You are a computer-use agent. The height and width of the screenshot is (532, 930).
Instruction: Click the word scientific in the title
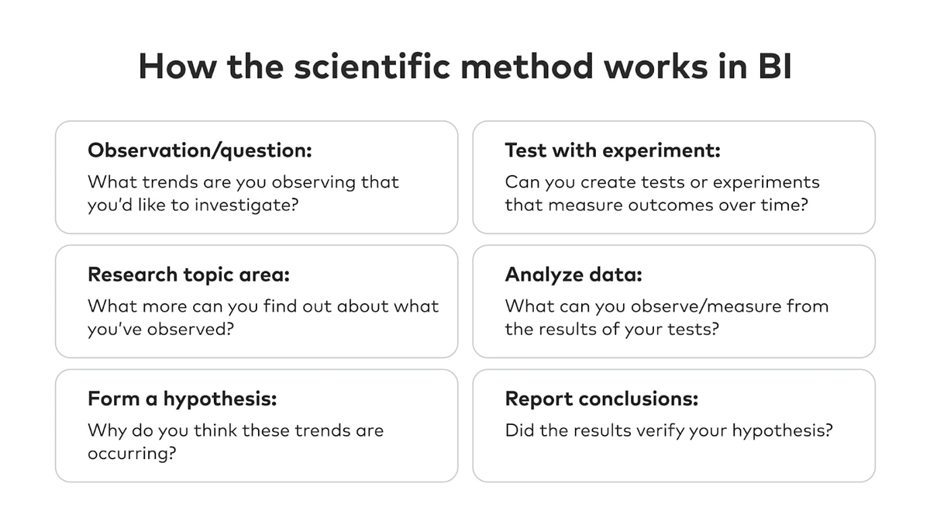[372, 66]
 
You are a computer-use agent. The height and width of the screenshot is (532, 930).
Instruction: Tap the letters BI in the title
[775, 67]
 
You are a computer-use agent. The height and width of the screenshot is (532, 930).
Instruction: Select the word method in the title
[527, 66]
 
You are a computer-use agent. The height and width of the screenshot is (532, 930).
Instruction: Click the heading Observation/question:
[200, 150]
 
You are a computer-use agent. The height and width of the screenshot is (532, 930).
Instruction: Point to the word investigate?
[246, 206]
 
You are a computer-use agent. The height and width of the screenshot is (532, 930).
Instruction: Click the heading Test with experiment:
[612, 150]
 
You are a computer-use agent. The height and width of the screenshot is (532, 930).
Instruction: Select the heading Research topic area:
[188, 275]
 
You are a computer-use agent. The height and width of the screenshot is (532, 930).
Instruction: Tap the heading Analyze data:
[573, 275]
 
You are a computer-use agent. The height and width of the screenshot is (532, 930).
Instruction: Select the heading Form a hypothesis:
[182, 399]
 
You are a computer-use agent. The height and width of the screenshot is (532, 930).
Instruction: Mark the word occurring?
[132, 454]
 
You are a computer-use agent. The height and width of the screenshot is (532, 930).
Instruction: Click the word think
[215, 430]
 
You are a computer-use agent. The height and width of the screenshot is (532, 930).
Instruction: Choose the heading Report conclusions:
[601, 399]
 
